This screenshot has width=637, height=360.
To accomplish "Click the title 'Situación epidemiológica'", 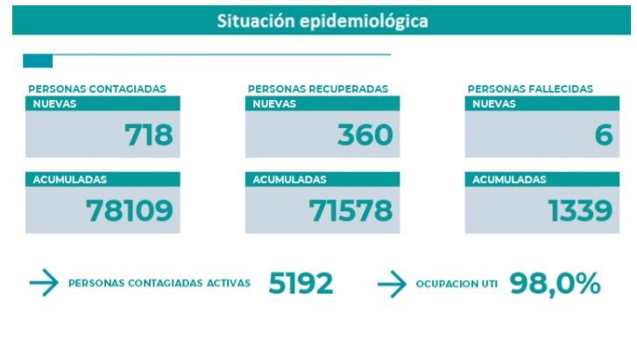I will [x=322, y=21].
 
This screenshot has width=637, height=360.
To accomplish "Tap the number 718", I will [x=149, y=135].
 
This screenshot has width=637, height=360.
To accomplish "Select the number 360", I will [x=365, y=135].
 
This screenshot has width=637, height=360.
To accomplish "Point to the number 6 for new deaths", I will [x=603, y=135].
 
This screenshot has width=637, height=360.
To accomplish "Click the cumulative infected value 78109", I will [x=130, y=210].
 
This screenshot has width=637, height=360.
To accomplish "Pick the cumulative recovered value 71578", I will [x=350, y=210].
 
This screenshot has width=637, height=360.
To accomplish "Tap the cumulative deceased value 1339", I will [x=580, y=210].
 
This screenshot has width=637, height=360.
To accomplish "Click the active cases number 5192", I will [x=301, y=283].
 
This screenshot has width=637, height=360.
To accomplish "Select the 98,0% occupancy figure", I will [x=555, y=283].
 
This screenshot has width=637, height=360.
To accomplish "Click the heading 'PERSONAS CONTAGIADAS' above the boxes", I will [x=97, y=88].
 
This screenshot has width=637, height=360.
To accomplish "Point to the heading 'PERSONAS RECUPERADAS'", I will [x=318, y=88].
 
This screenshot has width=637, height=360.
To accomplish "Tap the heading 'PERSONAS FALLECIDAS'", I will [x=530, y=88].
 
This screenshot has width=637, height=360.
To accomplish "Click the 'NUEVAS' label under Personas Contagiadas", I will [x=54, y=103].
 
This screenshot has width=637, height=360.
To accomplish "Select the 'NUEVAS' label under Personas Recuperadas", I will [x=274, y=103].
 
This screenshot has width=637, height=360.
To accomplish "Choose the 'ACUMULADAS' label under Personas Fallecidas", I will [x=509, y=180].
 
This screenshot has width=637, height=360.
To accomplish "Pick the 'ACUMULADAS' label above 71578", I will [x=289, y=180].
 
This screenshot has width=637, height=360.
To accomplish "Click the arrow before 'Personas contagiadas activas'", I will [x=43, y=283].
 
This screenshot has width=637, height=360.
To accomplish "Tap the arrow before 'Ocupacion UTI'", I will [x=392, y=283].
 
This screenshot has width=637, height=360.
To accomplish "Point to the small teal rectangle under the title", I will [x=38, y=61].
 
